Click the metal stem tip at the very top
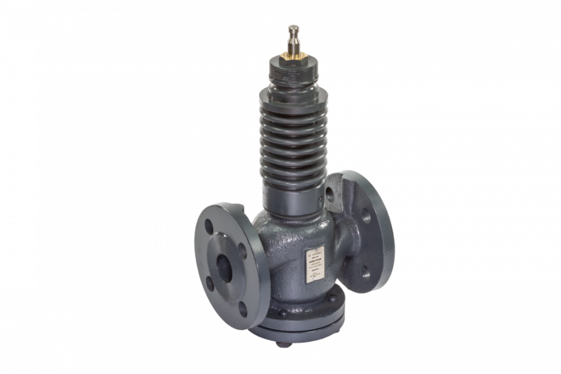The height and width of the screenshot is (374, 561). tap(293, 32)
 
